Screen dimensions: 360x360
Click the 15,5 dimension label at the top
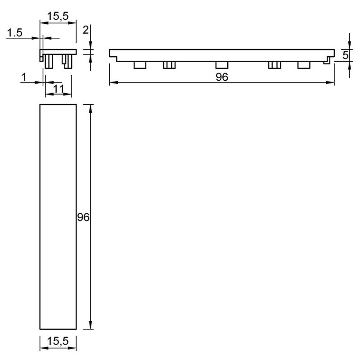click(58, 16)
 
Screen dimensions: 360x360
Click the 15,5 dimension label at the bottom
click(58, 341)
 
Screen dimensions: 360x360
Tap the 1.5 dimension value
click(15, 33)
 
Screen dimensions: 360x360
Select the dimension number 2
click(86, 30)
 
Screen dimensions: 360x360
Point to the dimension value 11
click(59, 89)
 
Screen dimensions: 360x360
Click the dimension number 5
click(345, 55)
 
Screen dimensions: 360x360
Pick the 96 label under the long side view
click(222, 77)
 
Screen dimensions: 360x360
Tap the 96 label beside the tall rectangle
click(83, 217)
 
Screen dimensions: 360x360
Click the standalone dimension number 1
click(24, 77)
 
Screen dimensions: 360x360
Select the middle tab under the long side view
click(222, 65)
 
